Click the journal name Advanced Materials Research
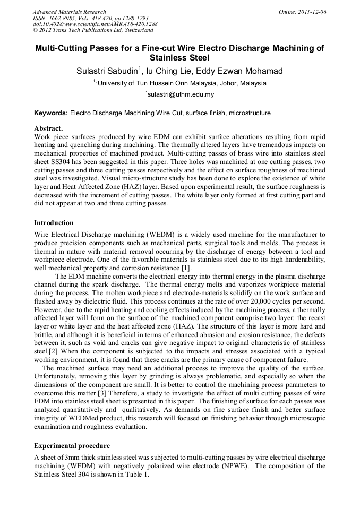coord(69,12)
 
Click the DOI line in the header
coord(95,24)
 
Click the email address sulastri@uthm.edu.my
coord(181,95)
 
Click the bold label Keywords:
coord(51,113)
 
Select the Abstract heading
coord(48,128)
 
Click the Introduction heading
coord(54,223)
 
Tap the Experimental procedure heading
coord(72,445)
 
